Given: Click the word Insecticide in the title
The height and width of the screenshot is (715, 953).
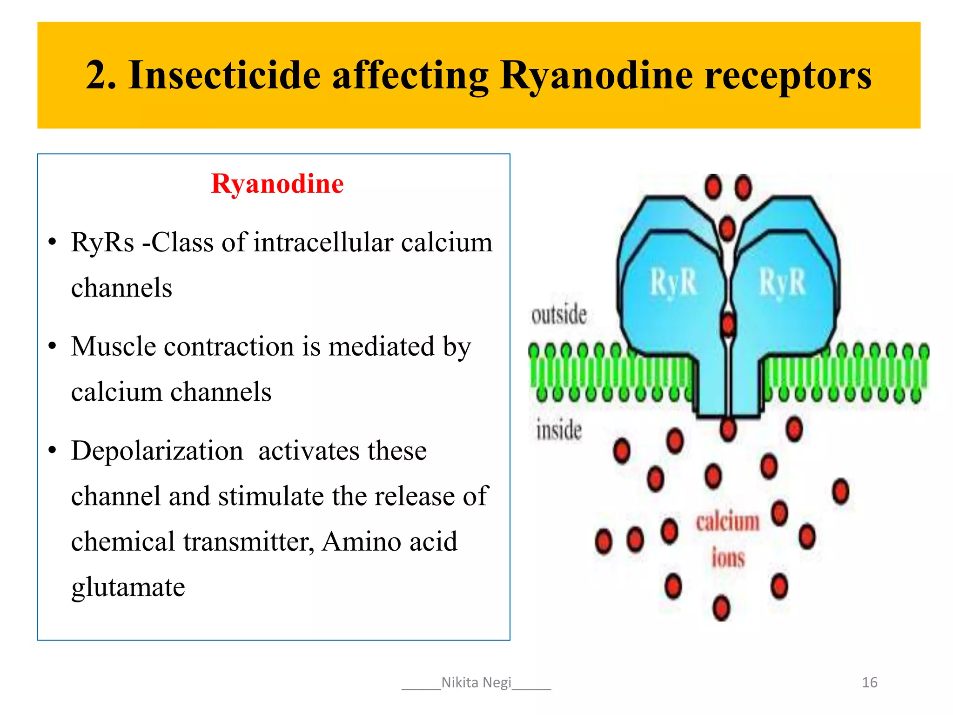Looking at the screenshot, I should click(224, 75).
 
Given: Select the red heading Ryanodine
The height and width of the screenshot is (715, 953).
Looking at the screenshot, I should click(277, 183).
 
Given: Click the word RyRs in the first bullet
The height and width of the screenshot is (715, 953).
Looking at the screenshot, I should click(102, 243).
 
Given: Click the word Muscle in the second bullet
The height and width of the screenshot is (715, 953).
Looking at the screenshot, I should click(114, 347).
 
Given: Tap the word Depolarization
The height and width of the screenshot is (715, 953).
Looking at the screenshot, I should click(157, 451).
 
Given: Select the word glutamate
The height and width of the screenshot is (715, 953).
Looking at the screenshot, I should click(128, 587).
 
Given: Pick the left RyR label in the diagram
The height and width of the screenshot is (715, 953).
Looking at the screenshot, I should click(673, 283).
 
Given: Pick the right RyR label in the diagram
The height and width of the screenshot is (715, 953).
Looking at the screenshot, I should click(782, 283).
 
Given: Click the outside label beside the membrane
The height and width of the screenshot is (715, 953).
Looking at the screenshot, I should click(559, 315).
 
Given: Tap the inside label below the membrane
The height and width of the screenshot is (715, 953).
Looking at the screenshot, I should click(559, 430).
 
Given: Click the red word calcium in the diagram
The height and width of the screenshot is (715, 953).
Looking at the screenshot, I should click(727, 522).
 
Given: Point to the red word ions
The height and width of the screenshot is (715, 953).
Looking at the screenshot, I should click(728, 558).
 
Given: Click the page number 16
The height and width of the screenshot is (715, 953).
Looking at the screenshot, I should click(869, 682).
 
